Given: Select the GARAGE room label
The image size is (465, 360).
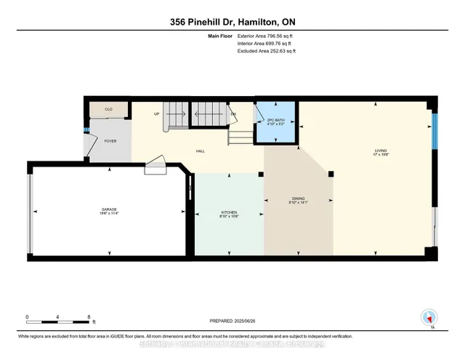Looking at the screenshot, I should (109, 212).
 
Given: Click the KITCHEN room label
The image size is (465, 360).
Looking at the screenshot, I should (230, 214).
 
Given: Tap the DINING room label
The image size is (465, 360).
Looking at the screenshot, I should (299, 201).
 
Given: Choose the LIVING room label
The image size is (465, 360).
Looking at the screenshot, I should (376, 152).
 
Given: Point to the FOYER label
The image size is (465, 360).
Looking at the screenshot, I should (110, 141).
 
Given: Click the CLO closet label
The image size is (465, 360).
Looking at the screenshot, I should (108, 110).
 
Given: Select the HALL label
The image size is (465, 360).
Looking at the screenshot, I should (199, 151).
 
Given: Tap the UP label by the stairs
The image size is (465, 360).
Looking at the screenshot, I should (156, 114).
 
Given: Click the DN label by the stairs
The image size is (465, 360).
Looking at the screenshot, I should (233, 114).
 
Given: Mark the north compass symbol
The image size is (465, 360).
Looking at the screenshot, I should (429, 316).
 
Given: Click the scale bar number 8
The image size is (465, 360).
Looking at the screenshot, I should (89, 317).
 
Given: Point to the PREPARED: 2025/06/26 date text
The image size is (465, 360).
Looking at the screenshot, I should (232, 321).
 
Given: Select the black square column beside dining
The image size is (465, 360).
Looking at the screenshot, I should (331, 173).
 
